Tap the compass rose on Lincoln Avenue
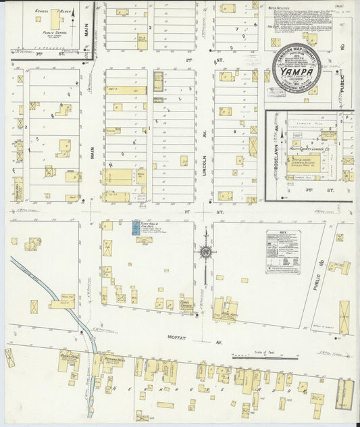(x=205, y=253)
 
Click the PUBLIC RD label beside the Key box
(x=316, y=278)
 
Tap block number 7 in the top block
(x=236, y=30)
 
